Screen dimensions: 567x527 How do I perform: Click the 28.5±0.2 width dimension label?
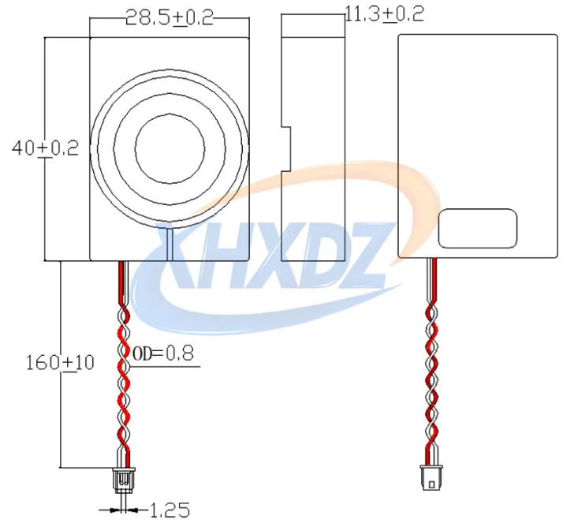pyautogui.click(x=170, y=17)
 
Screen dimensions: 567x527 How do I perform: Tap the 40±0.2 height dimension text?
pyautogui.click(x=45, y=148)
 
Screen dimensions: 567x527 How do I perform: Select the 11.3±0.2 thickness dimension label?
pyautogui.click(x=384, y=14)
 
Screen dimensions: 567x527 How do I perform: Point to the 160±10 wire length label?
pyautogui.click(x=60, y=362)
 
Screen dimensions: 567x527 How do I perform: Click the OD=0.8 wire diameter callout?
pyautogui.click(x=163, y=353)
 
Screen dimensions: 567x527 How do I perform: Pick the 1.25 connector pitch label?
pyautogui.click(x=170, y=510)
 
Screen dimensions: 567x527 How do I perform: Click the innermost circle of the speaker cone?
pyautogui.click(x=170, y=148)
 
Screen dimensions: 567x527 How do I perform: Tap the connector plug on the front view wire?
pyautogui.click(x=124, y=480)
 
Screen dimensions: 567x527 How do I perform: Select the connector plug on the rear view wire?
pyautogui.click(x=431, y=477)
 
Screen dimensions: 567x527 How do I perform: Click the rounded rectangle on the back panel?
pyautogui.click(x=478, y=228)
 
